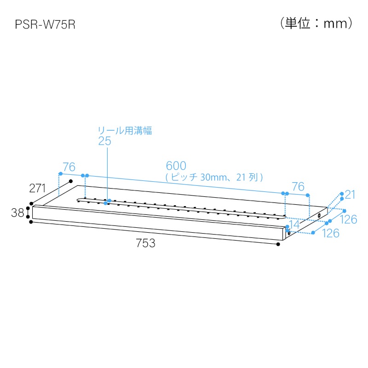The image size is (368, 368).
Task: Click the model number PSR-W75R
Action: [45, 24]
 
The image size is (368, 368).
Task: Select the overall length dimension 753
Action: [145, 243]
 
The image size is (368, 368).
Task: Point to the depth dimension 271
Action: [37, 188]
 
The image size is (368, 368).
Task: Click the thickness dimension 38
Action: [17, 213]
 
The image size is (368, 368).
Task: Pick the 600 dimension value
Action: [176, 166]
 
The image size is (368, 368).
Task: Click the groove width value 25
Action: [105, 141]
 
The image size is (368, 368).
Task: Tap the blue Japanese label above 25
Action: [125, 131]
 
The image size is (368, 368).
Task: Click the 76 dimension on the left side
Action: [69, 167]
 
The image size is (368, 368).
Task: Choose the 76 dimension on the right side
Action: [298, 187]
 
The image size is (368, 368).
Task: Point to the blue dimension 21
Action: [350, 195]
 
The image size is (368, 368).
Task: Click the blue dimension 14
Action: [294, 224]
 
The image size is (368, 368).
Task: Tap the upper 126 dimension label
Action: [349, 219]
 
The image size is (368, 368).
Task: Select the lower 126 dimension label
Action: [331, 233]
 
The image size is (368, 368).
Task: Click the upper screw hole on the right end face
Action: [319, 215]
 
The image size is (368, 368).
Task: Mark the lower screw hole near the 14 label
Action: [289, 233]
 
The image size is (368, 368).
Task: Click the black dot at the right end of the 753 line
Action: [278, 244]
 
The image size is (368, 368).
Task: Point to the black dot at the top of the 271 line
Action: [71, 181]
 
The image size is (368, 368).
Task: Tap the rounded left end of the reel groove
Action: [77, 200]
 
